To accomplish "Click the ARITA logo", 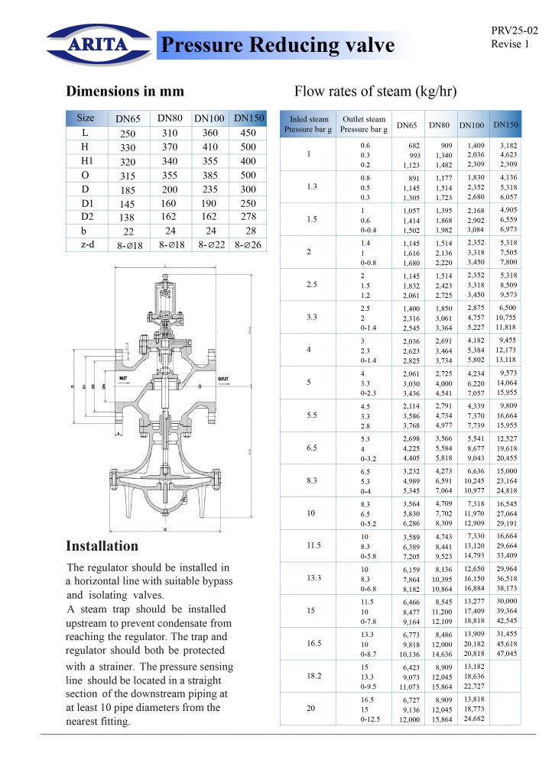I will pyautogui.click(x=97, y=44).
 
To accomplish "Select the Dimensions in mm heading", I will pyautogui.click(x=125, y=92).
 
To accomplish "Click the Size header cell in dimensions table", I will pyautogui.click(x=86, y=118).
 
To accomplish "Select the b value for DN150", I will pyautogui.click(x=249, y=231).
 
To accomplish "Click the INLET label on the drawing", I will pyautogui.click(x=124, y=379).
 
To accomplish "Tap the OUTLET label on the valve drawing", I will pyautogui.click(x=223, y=379).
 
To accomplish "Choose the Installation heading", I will pyautogui.click(x=102, y=546).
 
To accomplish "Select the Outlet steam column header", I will pyautogui.click(x=364, y=124).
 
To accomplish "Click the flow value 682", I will pyautogui.click(x=413, y=145).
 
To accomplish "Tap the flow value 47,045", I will pyautogui.click(x=506, y=654).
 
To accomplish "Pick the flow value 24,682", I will pyautogui.click(x=475, y=719).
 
